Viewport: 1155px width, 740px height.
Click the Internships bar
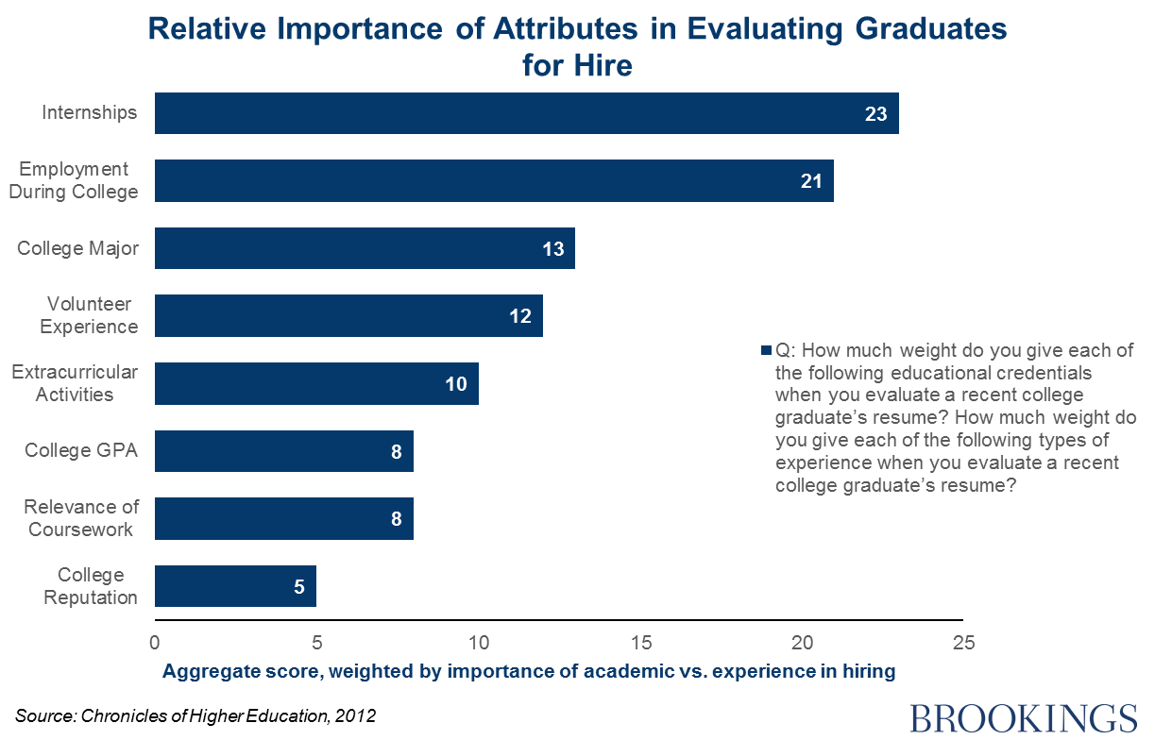coord(526,113)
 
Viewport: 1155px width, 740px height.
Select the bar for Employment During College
coord(494,180)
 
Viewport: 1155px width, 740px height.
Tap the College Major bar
coord(365,248)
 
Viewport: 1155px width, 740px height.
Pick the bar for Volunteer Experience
coord(348,316)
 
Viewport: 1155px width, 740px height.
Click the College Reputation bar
coord(235,586)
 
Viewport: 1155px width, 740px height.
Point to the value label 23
coord(875,114)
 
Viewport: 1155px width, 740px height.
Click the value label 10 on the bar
coord(455,384)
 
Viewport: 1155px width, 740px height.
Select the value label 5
coord(299,587)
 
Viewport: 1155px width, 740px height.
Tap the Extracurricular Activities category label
coord(75,383)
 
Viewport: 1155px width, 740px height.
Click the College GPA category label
coord(81,450)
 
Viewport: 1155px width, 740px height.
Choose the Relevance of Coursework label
coord(81,518)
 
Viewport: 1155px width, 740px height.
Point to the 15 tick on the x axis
coord(640,644)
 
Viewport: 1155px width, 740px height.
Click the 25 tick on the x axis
coord(963,644)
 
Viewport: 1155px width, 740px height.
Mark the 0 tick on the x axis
coord(155,644)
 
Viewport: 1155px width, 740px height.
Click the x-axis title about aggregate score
coord(528,672)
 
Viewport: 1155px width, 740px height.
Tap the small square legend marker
coord(766,351)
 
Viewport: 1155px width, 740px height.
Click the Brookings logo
coord(1024,716)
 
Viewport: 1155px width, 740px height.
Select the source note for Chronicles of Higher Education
coord(195,716)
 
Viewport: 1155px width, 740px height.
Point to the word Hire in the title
coord(604,66)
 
